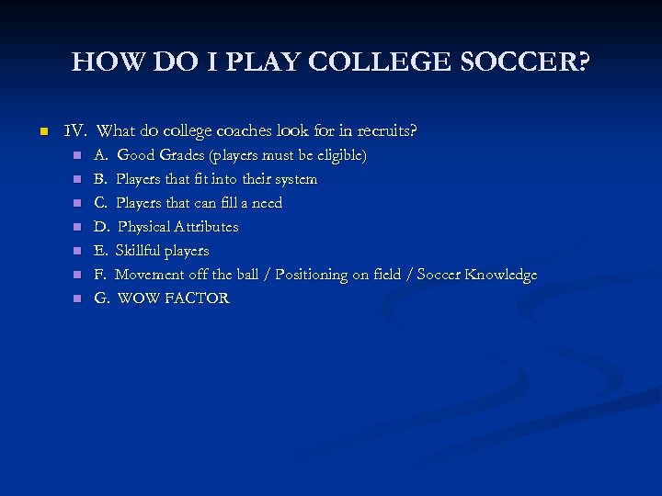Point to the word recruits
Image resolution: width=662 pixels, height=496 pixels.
(384, 131)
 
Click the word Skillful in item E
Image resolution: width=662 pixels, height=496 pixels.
(137, 251)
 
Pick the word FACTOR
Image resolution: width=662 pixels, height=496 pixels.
(198, 299)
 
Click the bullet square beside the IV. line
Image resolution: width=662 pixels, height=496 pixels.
(41, 132)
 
